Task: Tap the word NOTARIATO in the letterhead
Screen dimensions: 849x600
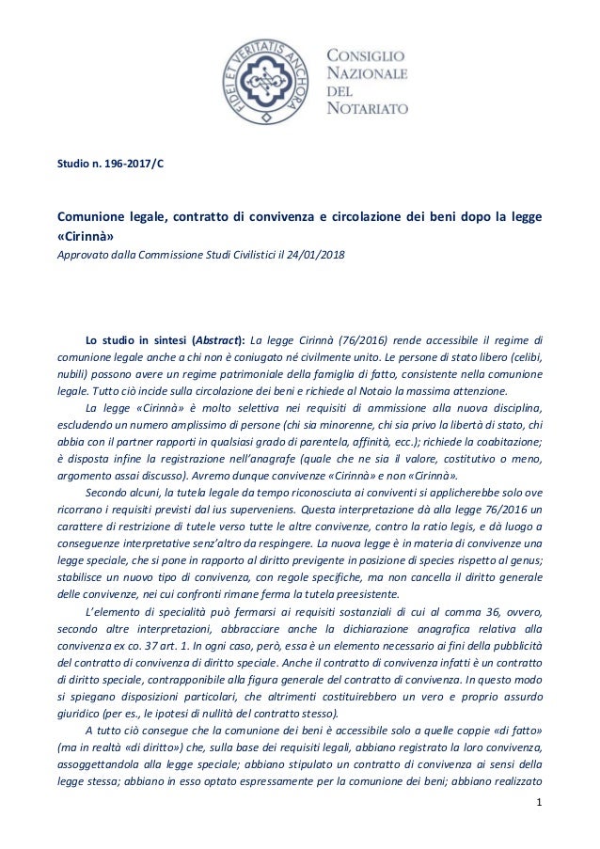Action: click(367, 108)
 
